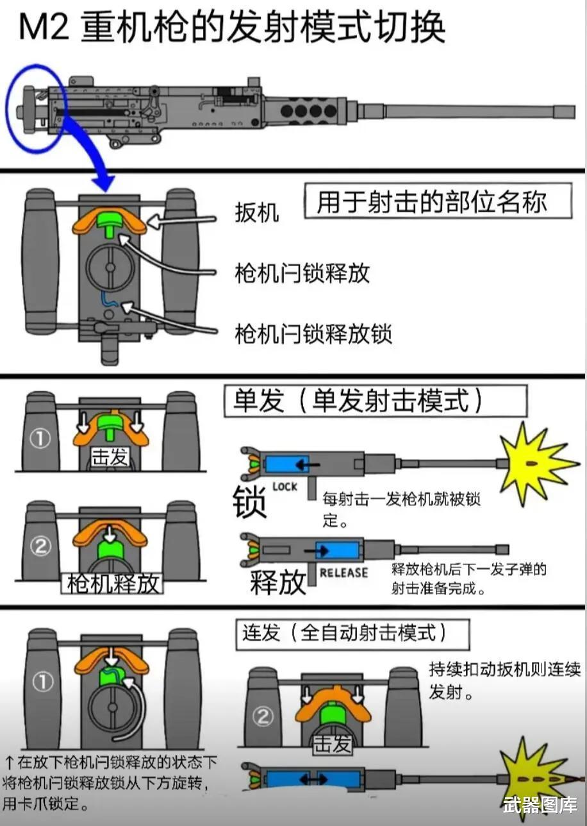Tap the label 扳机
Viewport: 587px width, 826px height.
[257, 212]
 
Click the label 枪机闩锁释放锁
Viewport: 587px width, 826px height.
[313, 334]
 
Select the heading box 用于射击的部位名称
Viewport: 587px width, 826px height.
[438, 201]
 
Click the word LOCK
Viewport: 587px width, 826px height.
[285, 487]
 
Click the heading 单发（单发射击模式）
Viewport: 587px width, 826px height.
[376, 401]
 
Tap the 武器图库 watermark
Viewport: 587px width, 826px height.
[540, 805]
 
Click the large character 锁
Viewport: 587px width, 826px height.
[249, 502]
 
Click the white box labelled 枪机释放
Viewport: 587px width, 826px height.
[112, 584]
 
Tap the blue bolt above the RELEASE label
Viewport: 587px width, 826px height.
[337, 551]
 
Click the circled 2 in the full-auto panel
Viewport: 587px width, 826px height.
[263, 717]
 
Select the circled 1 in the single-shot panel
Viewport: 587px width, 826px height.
[40, 439]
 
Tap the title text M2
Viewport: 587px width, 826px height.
[44, 27]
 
